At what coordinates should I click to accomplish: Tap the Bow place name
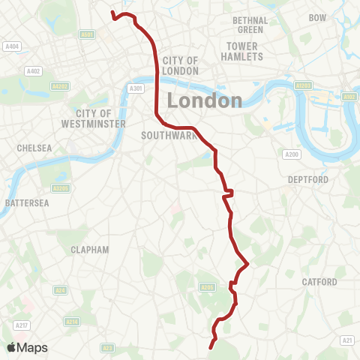[x=318, y=16]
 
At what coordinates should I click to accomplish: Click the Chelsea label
[x=35, y=148]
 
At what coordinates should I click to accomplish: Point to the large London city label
[x=204, y=100]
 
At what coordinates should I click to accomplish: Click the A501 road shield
[x=88, y=34]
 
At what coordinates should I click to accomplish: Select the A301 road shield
[x=136, y=88]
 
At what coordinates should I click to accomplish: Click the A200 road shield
[x=292, y=154]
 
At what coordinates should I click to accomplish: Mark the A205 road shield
[x=207, y=286]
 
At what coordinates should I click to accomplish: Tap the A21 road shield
[x=346, y=341]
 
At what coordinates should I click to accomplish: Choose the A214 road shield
[x=72, y=321]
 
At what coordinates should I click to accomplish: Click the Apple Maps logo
[x=28, y=347]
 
